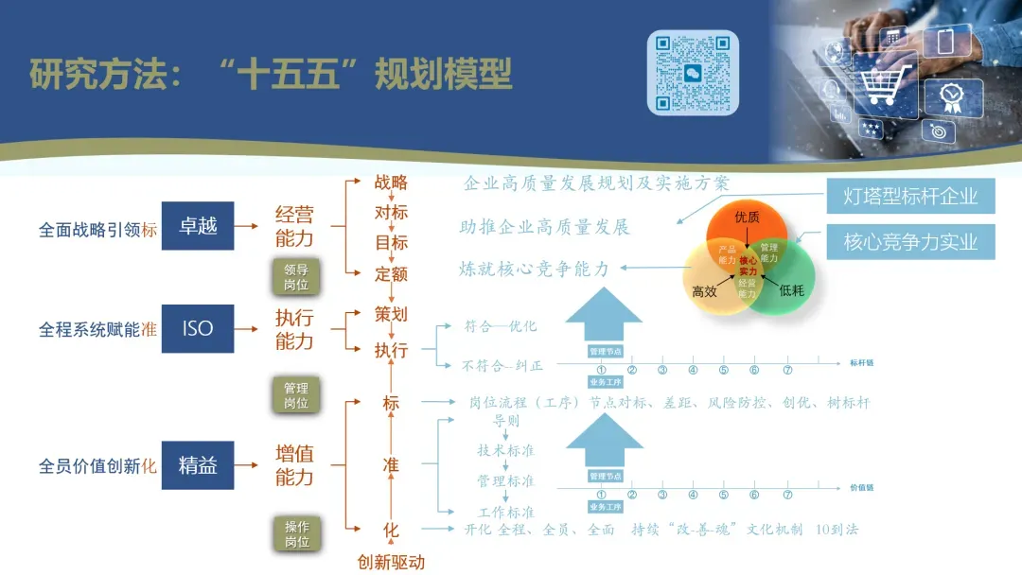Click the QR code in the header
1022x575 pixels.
693,72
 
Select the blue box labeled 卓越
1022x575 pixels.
198,226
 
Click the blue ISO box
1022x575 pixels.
198,329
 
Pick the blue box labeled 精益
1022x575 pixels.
198,465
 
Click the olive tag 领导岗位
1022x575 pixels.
296,276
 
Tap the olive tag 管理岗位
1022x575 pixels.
296,395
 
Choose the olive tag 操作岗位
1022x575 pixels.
296,534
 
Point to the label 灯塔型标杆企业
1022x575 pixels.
909,197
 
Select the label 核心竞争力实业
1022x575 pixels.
909,242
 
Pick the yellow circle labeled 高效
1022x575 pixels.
707,286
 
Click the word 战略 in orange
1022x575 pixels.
391,183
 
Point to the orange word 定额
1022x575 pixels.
391,274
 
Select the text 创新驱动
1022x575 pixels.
391,563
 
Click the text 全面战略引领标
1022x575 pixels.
98,230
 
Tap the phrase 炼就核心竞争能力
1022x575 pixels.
535,270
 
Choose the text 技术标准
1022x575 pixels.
505,450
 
